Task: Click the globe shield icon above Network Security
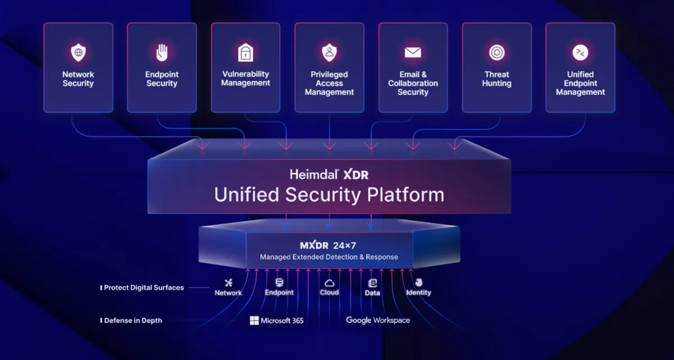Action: click(78, 53)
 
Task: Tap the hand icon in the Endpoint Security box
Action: click(162, 53)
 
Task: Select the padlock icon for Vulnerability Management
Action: click(245, 53)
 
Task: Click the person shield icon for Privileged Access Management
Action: click(329, 53)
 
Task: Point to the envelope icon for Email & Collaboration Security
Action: click(413, 53)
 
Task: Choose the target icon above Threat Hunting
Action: click(497, 53)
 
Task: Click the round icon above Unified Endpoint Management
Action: click(580, 53)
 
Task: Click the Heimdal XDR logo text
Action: click(329, 175)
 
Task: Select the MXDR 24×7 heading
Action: click(329, 245)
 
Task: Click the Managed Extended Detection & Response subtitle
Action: click(329, 257)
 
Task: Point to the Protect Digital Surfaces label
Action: click(143, 288)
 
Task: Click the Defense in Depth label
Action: click(133, 321)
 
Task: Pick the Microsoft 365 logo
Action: click(277, 321)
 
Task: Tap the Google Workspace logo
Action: click(378, 320)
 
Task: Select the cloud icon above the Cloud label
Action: click(329, 282)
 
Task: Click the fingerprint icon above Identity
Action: click(418, 282)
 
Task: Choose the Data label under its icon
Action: click(372, 293)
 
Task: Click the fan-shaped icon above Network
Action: click(228, 282)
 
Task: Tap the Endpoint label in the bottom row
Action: click(279, 293)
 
